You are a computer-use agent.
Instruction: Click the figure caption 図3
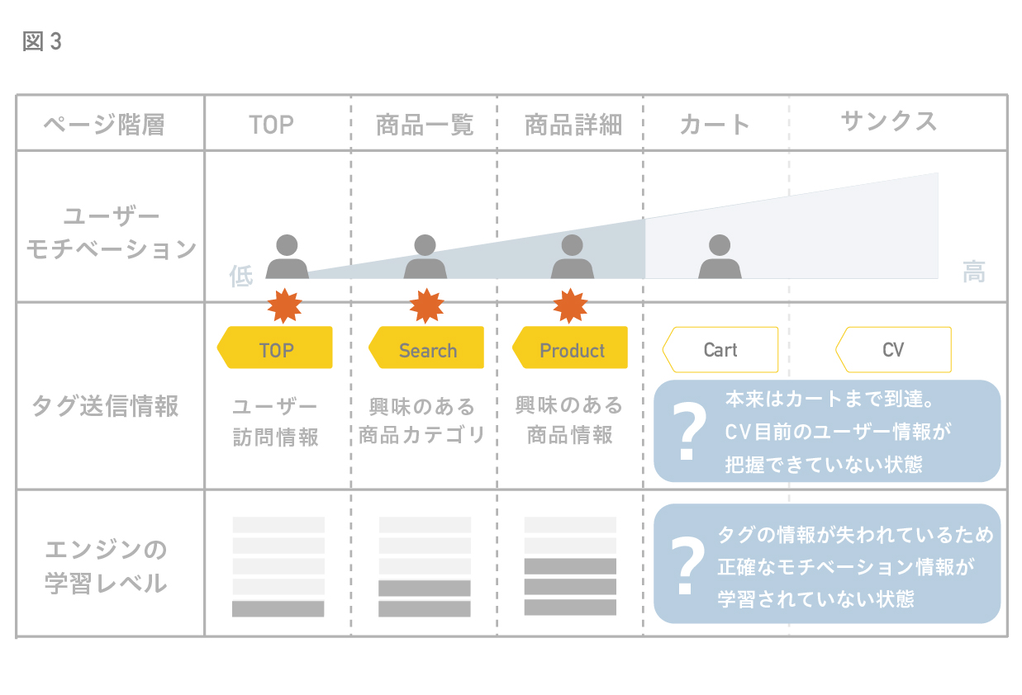click(x=42, y=41)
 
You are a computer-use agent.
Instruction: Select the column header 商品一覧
click(x=425, y=125)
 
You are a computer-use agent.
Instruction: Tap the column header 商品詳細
click(x=573, y=125)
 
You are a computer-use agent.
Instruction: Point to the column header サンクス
click(x=889, y=121)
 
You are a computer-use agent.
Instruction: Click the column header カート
click(x=715, y=125)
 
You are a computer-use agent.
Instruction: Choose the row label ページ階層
click(x=104, y=125)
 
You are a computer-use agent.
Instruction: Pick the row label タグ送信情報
click(x=105, y=405)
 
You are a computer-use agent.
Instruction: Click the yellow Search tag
click(x=426, y=347)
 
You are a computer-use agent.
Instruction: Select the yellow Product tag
click(x=570, y=347)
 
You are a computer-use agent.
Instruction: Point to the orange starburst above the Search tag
click(x=426, y=305)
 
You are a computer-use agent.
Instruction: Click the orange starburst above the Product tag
click(x=570, y=305)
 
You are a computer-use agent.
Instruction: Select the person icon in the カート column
click(x=720, y=257)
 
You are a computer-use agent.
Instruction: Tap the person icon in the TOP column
click(x=287, y=257)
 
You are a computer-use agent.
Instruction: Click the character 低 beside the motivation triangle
click(x=241, y=277)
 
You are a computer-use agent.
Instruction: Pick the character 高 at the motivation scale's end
click(x=973, y=272)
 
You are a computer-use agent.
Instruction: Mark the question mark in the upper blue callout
click(x=689, y=431)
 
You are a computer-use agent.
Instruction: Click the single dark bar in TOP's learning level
click(x=278, y=609)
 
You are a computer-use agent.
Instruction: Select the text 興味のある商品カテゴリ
click(x=422, y=421)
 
